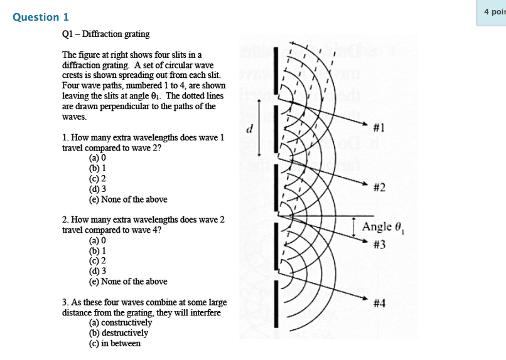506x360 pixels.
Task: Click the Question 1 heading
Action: [x=41, y=18]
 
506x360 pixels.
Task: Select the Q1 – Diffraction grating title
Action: [x=105, y=34]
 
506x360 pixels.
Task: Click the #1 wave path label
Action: [x=379, y=128]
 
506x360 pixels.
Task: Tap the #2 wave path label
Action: [x=379, y=188]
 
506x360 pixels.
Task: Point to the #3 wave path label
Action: [x=379, y=245]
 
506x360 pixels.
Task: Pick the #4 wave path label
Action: [x=379, y=304]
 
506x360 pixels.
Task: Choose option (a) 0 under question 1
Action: [x=97, y=159]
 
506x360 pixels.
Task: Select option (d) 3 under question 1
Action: [x=97, y=189]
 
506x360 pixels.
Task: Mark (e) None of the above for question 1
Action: [x=128, y=199]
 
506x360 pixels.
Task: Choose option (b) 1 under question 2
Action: [x=97, y=250]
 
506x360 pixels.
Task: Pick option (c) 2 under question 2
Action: [x=97, y=260]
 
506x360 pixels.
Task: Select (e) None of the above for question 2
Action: [x=128, y=282]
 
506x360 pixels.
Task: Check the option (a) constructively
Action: [x=121, y=322]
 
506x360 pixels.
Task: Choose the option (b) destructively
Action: [x=119, y=333]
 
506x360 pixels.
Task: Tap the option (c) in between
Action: [x=115, y=343]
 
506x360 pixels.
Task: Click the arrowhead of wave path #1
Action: [x=365, y=124]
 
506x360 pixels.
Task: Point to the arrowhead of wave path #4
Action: [x=365, y=299]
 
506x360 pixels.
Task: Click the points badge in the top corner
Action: [x=493, y=13]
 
